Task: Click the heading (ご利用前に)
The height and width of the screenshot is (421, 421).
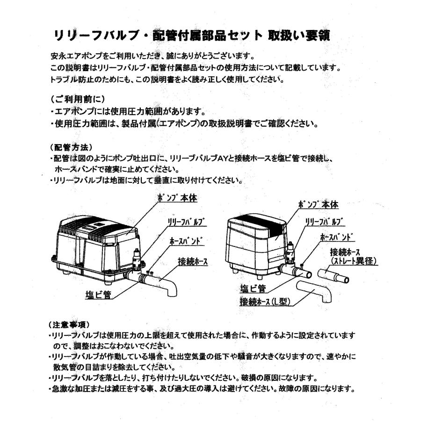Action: tap(77, 100)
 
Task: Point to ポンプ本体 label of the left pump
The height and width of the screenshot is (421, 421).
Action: tap(177, 198)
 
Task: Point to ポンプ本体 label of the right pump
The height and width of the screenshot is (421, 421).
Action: tap(318, 205)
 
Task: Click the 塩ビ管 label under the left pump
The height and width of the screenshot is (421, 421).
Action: tap(99, 294)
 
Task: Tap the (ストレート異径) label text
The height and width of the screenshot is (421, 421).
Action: tap(354, 261)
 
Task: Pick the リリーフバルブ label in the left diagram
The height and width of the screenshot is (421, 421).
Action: tap(187, 222)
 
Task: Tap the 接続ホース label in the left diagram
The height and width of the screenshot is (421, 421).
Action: tap(193, 261)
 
